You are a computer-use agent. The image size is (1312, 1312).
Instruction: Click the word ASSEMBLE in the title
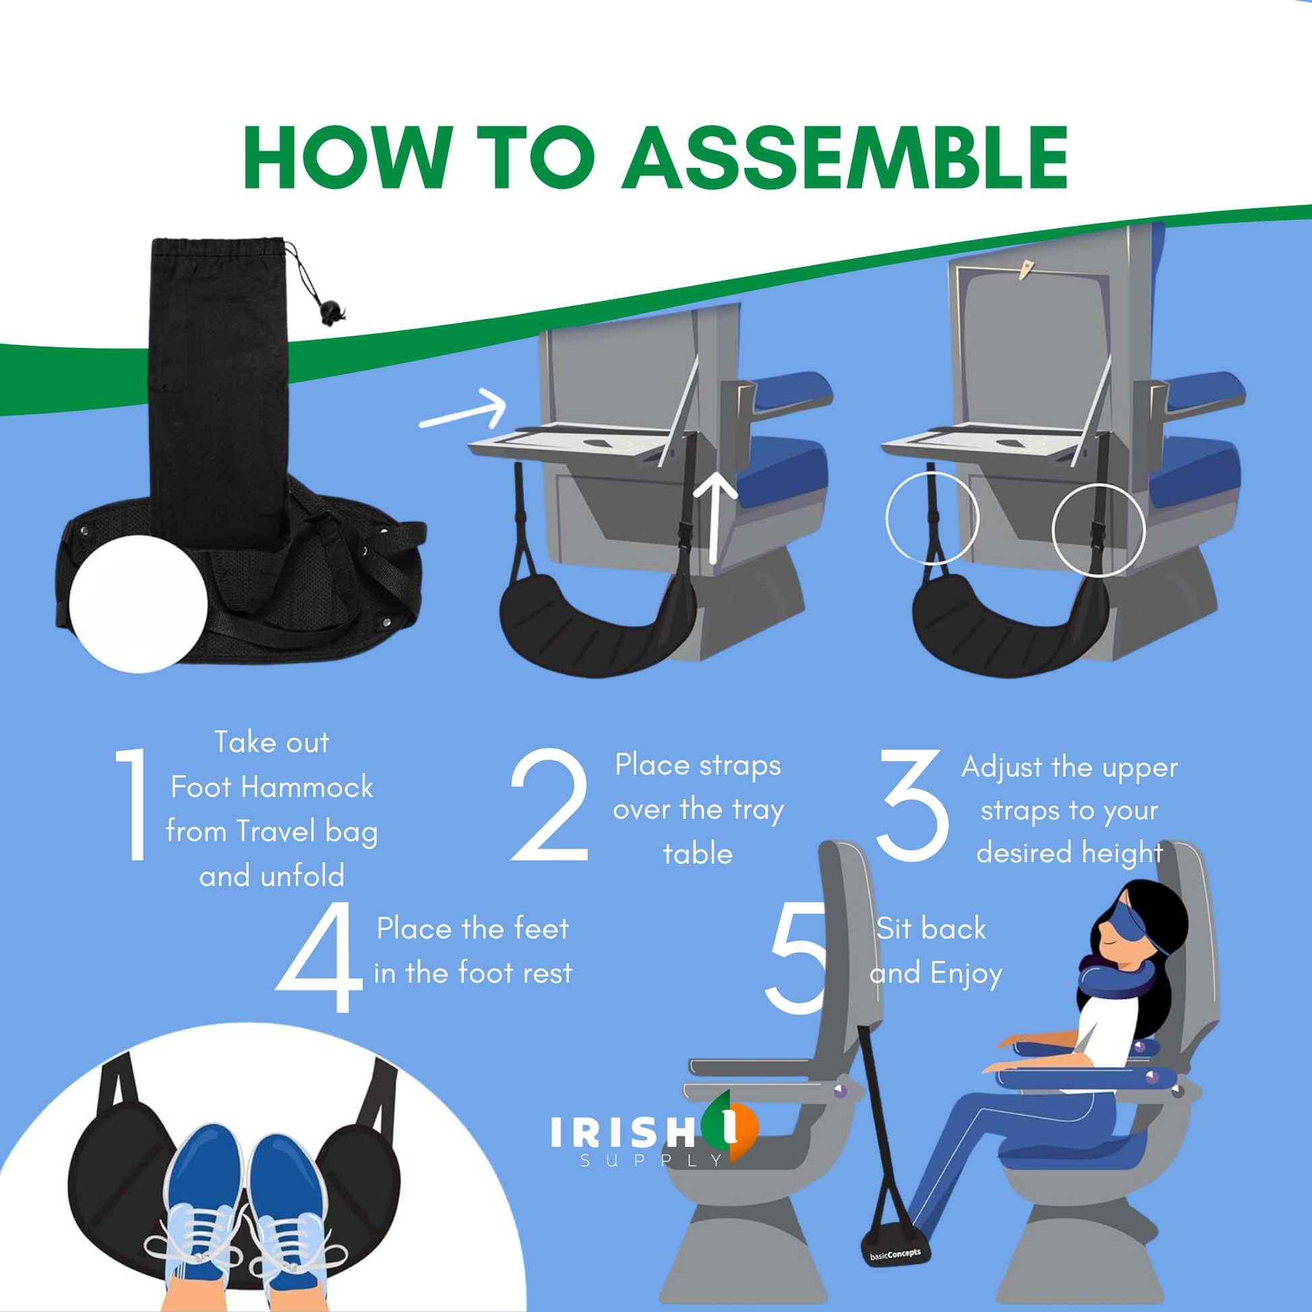845,158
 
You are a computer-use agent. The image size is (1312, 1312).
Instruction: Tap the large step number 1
133,805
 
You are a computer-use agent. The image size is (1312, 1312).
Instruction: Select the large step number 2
550,805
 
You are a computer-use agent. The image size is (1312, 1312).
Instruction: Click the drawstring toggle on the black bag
332,311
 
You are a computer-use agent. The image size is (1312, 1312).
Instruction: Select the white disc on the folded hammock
138,603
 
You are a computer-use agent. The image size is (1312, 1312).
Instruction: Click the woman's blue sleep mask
1131,928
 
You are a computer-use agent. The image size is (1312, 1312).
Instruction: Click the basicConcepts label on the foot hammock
895,1254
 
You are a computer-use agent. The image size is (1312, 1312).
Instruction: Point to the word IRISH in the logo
623,1132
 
